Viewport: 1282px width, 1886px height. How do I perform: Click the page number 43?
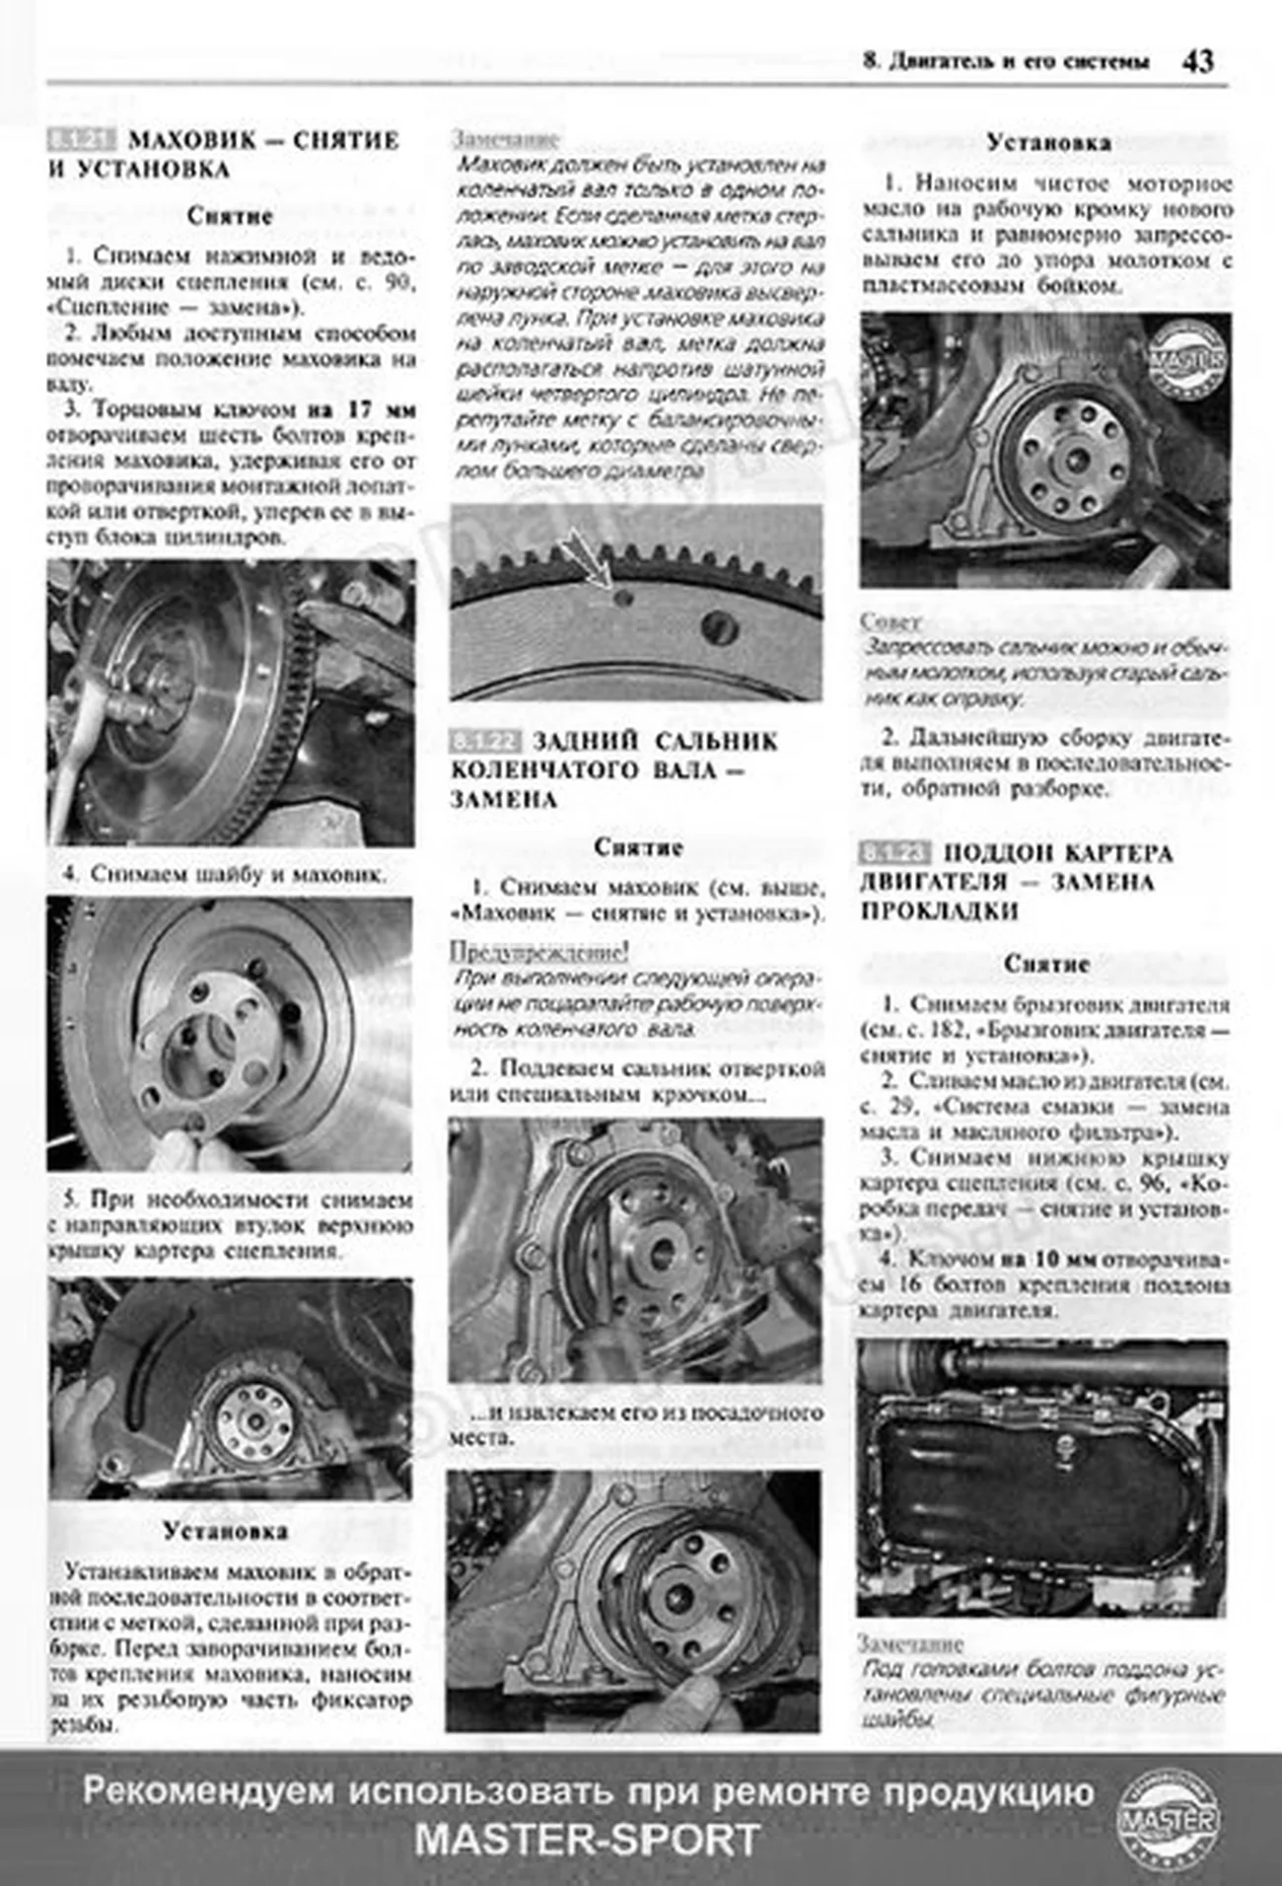tap(1198, 61)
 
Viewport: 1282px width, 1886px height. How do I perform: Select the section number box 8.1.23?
tap(894, 853)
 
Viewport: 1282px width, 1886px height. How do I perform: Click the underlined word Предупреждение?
tap(538, 953)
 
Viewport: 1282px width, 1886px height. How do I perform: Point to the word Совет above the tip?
tap(890, 622)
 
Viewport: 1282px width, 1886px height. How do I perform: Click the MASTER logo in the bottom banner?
tap(1168, 1820)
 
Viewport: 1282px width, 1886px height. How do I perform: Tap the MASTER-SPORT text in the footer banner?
tap(588, 1840)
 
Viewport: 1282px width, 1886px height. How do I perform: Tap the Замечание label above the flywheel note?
tap(505, 139)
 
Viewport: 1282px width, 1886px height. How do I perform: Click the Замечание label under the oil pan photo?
tap(909, 1644)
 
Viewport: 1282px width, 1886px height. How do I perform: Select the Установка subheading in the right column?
tap(1048, 143)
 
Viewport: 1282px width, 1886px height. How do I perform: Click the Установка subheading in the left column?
tap(226, 1531)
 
